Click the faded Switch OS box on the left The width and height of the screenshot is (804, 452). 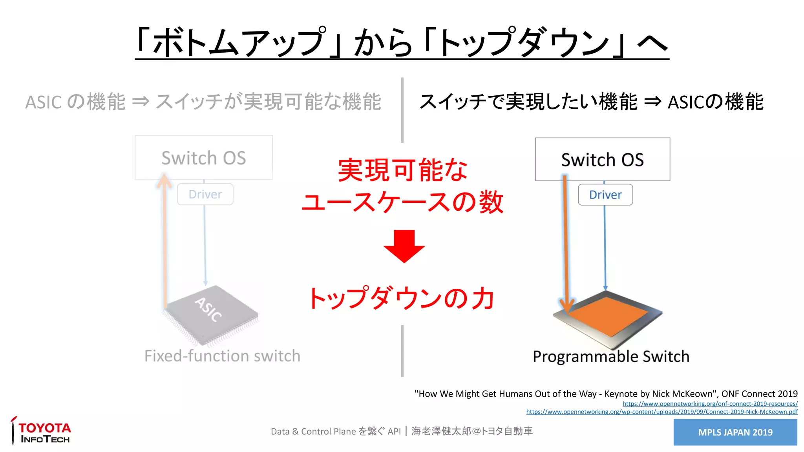(x=204, y=158)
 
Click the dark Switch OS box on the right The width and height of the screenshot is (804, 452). (x=602, y=160)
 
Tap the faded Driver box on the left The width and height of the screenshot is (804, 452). (x=205, y=194)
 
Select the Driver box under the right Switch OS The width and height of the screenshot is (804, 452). (x=605, y=195)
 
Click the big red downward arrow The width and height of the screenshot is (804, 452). (x=404, y=246)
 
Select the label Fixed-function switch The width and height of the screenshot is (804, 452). (x=222, y=356)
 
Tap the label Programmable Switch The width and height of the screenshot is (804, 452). (x=611, y=357)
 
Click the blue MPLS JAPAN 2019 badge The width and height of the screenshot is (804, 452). (x=735, y=432)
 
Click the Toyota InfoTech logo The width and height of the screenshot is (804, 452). (x=41, y=432)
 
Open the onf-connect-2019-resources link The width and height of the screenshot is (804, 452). (x=710, y=404)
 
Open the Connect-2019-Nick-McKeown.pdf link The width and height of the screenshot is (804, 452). (x=661, y=412)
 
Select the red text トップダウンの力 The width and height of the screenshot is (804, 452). (x=401, y=298)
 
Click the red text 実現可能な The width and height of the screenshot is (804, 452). (x=402, y=170)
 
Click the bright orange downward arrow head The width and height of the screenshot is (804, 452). (x=566, y=306)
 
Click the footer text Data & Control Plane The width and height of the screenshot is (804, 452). (x=313, y=432)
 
